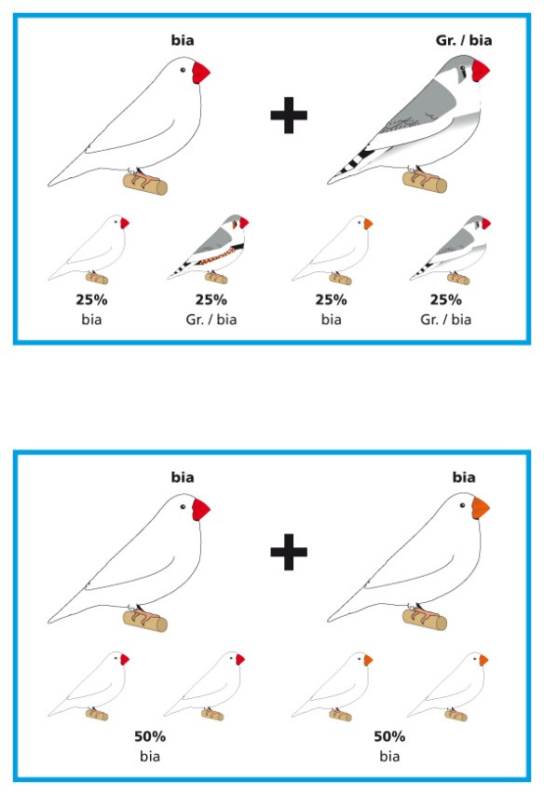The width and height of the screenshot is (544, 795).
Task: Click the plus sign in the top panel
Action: pos(289,115)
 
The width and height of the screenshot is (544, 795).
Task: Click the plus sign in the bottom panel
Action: pos(289,552)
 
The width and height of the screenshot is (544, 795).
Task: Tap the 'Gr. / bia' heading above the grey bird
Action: pos(464,40)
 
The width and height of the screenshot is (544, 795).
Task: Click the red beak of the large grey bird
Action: pos(481,71)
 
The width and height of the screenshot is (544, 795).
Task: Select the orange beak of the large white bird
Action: pos(480,508)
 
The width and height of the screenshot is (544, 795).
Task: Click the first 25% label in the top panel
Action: pos(91,300)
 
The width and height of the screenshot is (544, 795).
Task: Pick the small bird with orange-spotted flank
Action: pos(210,249)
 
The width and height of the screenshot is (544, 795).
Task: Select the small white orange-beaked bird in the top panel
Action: pos(333,250)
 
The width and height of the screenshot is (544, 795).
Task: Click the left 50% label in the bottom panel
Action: pos(150,736)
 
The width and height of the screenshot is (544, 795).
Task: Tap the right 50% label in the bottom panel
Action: pos(389,736)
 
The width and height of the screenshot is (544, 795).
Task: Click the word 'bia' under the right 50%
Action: pos(389,757)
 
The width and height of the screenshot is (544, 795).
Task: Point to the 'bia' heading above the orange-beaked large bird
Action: pos(464,477)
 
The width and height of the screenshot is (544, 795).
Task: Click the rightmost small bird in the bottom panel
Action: pos(448,686)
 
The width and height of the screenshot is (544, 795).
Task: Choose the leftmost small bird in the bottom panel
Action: pos(89,686)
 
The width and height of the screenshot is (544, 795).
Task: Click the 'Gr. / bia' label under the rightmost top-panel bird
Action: pos(446,320)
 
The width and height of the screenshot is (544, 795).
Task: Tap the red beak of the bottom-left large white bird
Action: pos(200,509)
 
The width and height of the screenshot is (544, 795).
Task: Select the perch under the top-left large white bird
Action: pos(145,184)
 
